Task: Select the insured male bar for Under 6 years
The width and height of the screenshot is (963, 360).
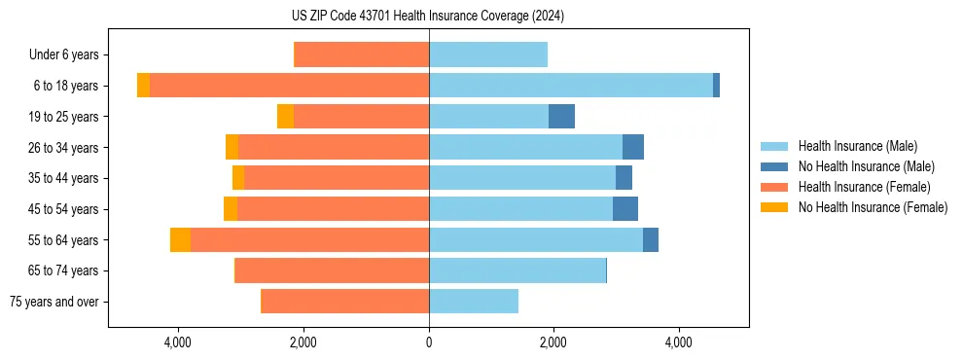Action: click(487, 54)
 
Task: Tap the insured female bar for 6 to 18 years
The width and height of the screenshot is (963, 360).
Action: click(289, 86)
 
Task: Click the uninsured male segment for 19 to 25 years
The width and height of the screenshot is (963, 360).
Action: click(561, 117)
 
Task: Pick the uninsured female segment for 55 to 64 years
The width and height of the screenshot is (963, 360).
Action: click(180, 240)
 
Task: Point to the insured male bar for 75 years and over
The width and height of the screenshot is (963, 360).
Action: click(473, 302)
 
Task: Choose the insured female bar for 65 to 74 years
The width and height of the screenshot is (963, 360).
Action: click(332, 270)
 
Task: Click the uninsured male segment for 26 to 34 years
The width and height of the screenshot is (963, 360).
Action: click(633, 147)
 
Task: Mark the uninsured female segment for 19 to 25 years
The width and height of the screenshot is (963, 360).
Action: click(285, 117)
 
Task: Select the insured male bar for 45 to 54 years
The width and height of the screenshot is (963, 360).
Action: click(520, 209)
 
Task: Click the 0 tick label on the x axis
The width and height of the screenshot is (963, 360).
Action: click(429, 342)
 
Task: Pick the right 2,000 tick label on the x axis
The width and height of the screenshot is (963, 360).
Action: click(553, 342)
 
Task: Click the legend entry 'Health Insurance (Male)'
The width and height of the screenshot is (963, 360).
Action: click(857, 146)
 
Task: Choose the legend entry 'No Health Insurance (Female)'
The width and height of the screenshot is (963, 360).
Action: click(873, 207)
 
